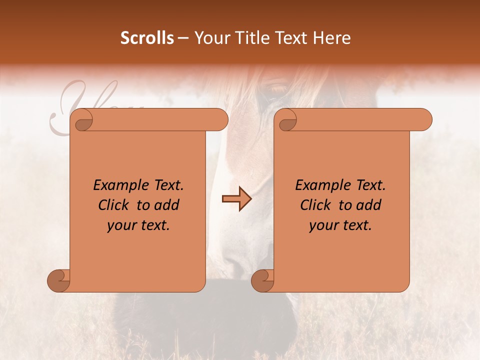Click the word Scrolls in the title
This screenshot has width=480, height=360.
pyautogui.click(x=147, y=38)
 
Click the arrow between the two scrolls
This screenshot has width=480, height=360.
pyautogui.click(x=236, y=199)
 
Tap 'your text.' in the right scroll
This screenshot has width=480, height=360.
pyautogui.click(x=340, y=225)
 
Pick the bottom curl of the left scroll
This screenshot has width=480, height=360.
pyautogui.click(x=59, y=280)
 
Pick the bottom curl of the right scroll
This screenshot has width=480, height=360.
pyautogui.click(x=263, y=280)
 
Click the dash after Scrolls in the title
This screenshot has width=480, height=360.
pyautogui.click(x=183, y=38)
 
